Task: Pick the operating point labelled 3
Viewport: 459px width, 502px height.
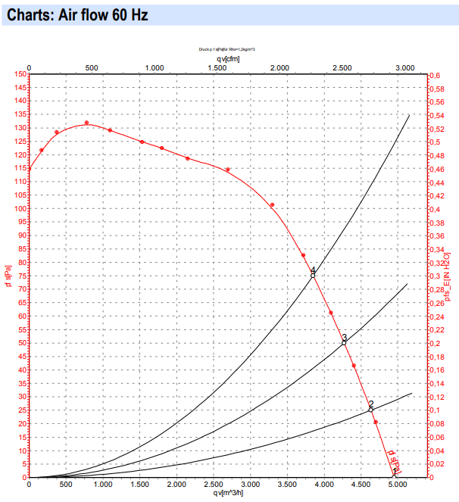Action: coord(344,342)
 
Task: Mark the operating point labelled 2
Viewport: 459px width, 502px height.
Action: coord(370,409)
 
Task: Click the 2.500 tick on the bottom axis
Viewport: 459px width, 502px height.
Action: coord(214,485)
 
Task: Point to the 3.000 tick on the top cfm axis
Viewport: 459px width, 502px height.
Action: coord(404,67)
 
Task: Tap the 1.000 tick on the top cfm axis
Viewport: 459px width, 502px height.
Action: coord(154,67)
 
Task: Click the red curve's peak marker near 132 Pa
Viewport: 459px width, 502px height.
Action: coord(87,123)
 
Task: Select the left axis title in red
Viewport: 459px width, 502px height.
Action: coord(8,276)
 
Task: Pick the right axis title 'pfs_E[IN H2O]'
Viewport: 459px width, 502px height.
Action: coord(448,276)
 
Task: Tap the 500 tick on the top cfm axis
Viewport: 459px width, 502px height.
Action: coord(92,67)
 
